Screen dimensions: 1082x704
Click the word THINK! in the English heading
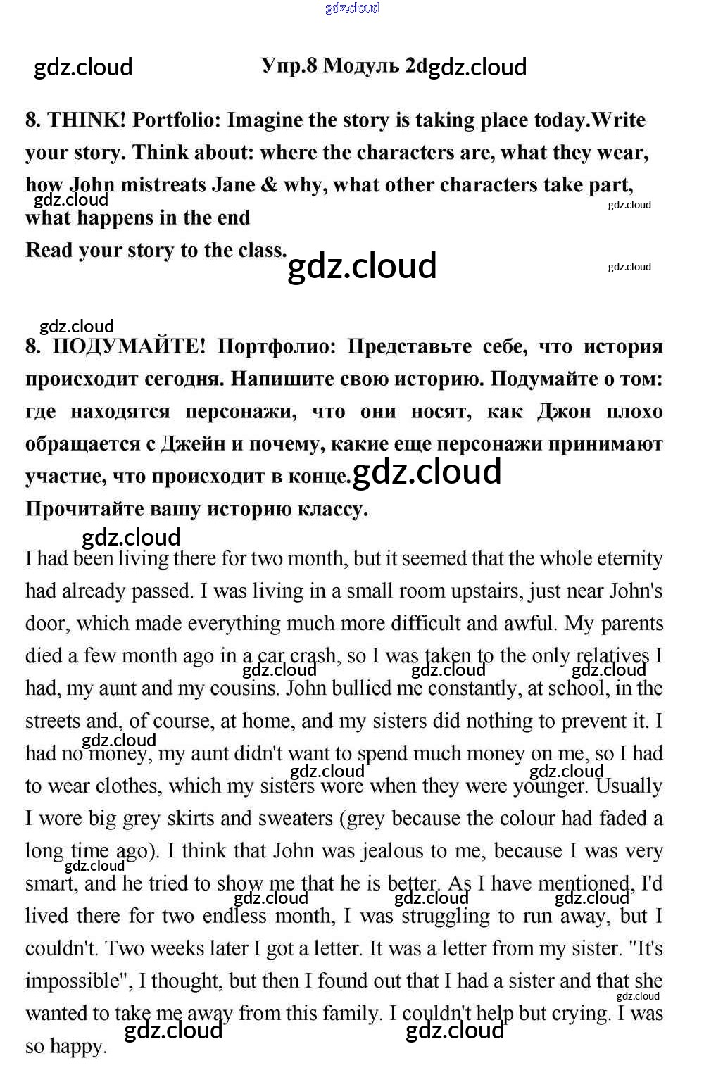tap(87, 120)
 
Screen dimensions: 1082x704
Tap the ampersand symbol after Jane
tap(269, 185)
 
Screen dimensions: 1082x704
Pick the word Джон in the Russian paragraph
tap(564, 411)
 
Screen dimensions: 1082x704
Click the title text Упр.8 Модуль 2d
tap(344, 65)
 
